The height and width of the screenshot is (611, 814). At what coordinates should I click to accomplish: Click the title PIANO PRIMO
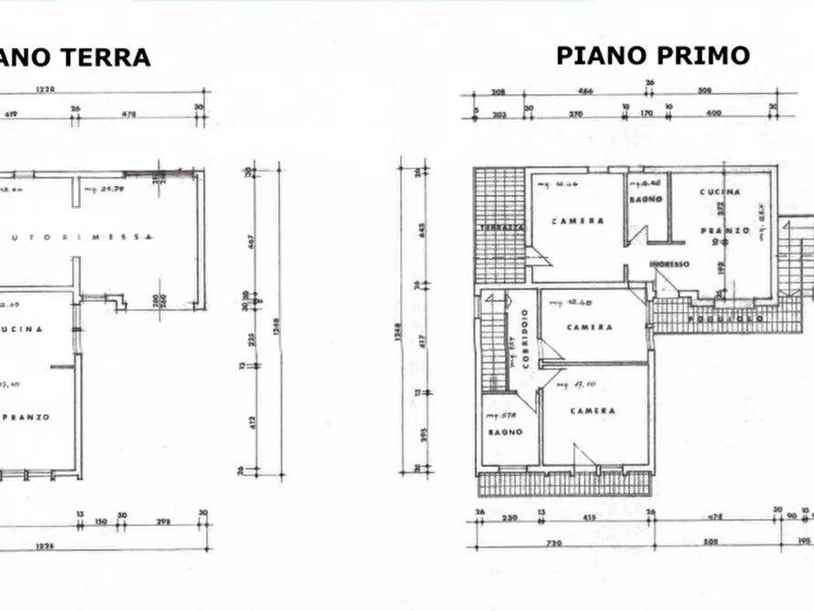click(653, 56)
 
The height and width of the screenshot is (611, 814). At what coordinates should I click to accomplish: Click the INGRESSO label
click(669, 264)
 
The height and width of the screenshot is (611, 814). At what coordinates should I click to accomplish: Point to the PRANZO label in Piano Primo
click(726, 231)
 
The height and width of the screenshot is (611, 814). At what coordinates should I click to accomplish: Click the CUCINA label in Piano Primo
click(720, 192)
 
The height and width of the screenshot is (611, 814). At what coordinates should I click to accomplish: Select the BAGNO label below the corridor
click(505, 432)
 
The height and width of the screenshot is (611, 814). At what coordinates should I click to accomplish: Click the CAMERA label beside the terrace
click(577, 222)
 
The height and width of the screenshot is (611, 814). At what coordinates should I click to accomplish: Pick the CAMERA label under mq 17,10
click(592, 411)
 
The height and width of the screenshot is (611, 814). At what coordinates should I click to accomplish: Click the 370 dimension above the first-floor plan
click(576, 114)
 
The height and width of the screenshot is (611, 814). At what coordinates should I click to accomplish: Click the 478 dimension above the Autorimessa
click(130, 114)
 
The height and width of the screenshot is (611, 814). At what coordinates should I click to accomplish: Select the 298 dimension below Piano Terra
click(164, 523)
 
